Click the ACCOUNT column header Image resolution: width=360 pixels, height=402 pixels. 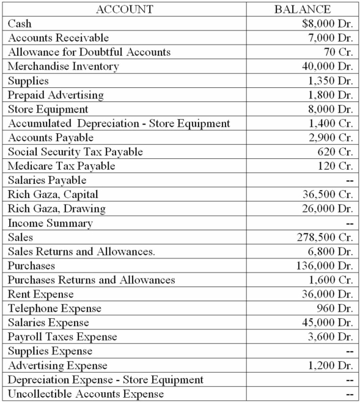pos(125,9)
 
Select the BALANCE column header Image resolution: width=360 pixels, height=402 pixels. pos(303,9)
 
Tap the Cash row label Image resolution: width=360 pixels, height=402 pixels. pos(20,24)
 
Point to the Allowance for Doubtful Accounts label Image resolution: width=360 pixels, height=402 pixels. pos(89,53)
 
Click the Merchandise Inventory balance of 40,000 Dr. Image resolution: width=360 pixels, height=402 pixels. pos(327,67)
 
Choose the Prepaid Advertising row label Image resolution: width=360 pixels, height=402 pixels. pos(56,95)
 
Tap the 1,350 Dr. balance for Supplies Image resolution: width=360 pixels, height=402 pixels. pos(330,81)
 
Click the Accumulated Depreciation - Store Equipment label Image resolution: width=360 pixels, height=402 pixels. pos(119,124)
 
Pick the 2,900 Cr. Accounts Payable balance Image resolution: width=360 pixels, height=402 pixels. pos(330,138)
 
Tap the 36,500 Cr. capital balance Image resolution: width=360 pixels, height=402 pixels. pos(328,195)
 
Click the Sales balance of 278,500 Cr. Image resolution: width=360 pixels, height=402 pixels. pos(325,238)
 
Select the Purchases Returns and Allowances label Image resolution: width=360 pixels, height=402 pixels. pos(92,280)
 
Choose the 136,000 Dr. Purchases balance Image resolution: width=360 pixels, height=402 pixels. pos(325,266)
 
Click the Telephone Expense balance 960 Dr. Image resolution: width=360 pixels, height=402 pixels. pos(334,309)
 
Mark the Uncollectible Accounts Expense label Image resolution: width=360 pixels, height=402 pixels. pos(86,394)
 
